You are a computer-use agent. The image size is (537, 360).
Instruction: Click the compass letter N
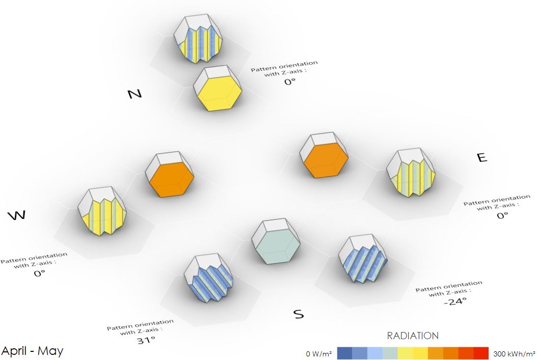pyautogui.click(x=135, y=94)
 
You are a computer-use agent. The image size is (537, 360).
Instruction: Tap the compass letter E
pyautogui.click(x=482, y=157)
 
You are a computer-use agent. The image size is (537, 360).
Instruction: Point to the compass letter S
pyautogui.click(x=299, y=314)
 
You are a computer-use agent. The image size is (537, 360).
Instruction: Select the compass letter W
pyautogui.click(x=17, y=215)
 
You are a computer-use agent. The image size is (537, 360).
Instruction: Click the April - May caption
pyautogui.click(x=33, y=351)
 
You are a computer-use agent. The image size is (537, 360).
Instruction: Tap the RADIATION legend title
pyautogui.click(x=413, y=336)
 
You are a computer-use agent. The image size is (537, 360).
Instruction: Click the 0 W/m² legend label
pyautogui.click(x=319, y=354)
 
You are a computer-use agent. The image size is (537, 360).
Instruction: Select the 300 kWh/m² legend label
pyautogui.click(x=514, y=354)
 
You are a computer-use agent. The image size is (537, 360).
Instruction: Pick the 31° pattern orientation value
pyautogui.click(x=146, y=340)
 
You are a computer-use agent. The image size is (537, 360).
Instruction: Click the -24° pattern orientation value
pyautogui.click(x=455, y=301)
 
